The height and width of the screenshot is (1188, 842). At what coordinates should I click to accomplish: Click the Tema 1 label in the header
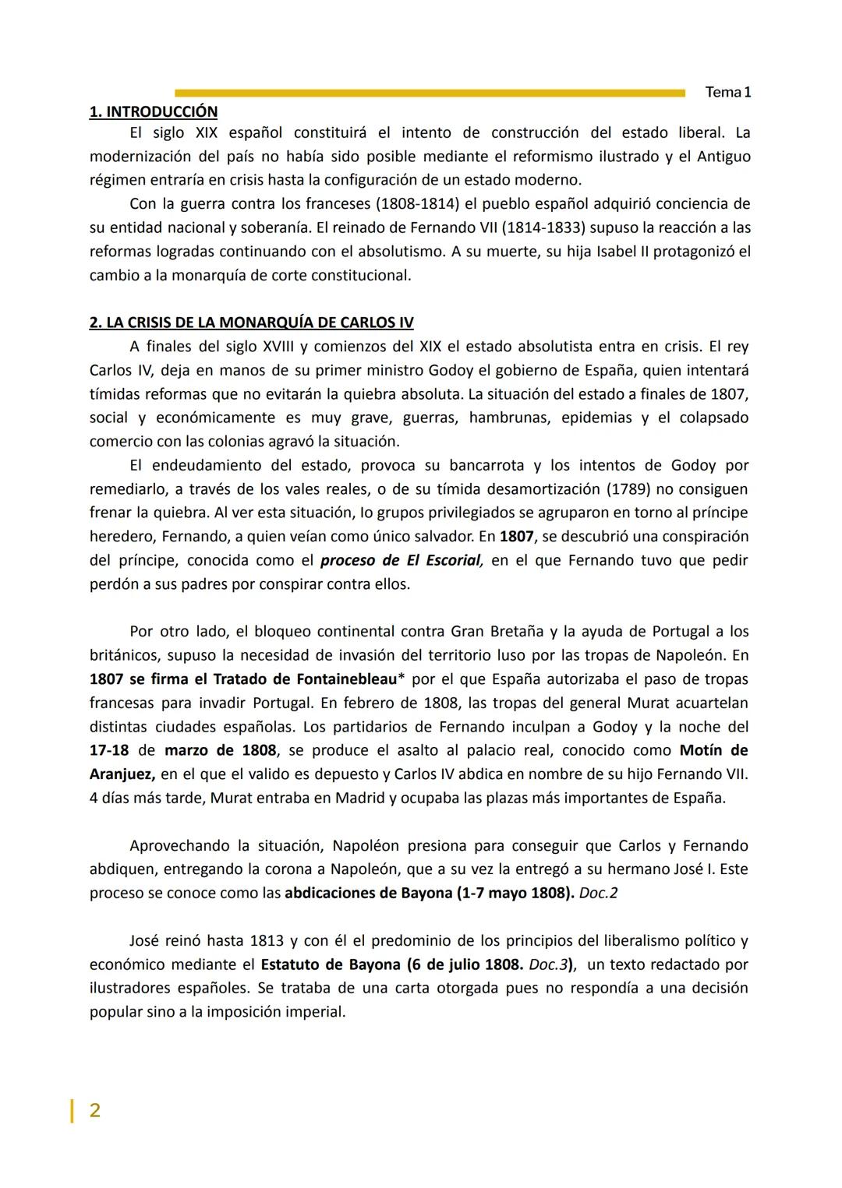coord(727,93)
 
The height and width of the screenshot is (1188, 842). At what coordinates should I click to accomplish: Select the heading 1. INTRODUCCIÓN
coord(154,112)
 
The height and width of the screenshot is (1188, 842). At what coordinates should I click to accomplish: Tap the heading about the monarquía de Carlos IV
coord(251,323)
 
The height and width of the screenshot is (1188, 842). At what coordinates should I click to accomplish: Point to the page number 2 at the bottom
coord(94,1110)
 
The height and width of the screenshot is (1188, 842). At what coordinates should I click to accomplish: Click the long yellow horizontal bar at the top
coord(429,93)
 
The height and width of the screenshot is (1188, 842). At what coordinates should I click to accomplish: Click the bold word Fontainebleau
coord(345,679)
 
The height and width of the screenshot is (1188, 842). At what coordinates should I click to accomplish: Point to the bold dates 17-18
coord(110,750)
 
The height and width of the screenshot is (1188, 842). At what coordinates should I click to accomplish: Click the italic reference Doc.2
coord(598,893)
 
